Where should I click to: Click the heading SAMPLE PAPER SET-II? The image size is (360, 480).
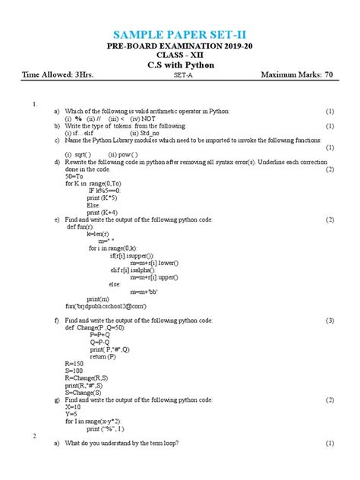[179, 36]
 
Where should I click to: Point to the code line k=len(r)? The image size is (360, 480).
[99, 234]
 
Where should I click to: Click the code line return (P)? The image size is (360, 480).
[103, 355]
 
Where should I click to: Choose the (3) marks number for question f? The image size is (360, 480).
[330, 320]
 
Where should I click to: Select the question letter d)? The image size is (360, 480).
[56, 161]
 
